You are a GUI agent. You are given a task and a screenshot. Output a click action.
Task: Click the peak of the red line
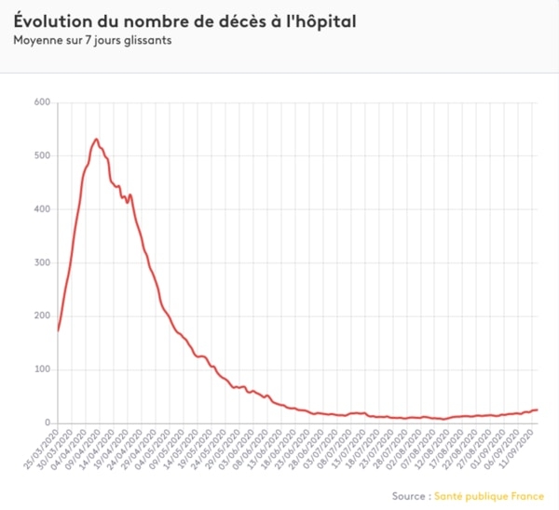(x=96, y=139)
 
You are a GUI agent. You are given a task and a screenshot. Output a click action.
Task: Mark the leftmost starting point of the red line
(x=58, y=330)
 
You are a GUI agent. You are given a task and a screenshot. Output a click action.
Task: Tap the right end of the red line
(x=538, y=409)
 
